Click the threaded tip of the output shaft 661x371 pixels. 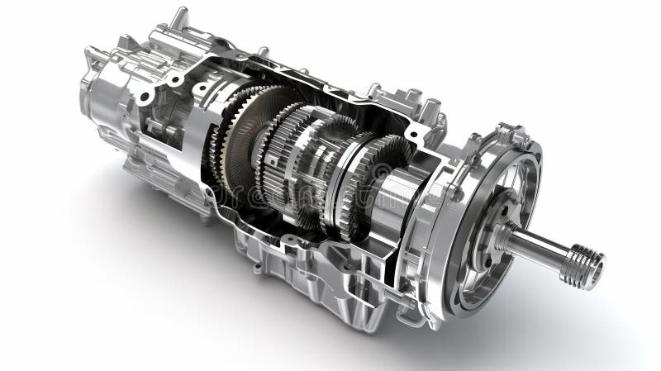[x=583, y=265]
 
